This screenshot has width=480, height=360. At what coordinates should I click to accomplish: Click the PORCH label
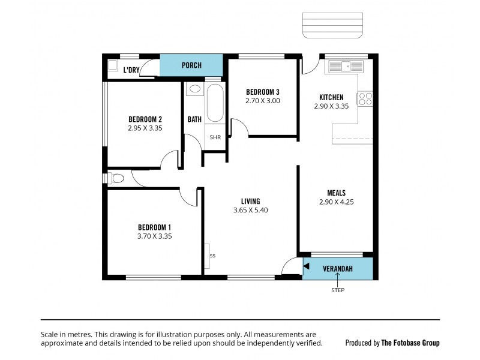coord(191,65)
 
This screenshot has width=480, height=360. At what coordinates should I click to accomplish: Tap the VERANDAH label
coord(337,268)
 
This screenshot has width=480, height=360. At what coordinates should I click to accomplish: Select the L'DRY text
coord(131,70)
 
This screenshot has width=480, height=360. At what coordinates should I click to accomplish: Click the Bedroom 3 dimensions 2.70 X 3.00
coord(262,101)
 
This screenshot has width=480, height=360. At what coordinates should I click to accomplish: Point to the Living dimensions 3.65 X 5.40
coord(250,211)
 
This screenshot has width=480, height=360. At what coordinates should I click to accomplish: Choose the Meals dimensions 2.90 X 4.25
coord(336,202)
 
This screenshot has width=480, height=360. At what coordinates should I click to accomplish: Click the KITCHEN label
coord(331,97)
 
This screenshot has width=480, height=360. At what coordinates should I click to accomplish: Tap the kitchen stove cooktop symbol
coord(365,99)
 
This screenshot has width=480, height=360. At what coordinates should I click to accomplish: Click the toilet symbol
coord(115,178)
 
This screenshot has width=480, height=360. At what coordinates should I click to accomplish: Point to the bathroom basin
coord(194,89)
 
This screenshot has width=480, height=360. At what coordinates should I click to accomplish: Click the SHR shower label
coord(215,137)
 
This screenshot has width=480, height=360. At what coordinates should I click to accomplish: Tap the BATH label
coord(194,119)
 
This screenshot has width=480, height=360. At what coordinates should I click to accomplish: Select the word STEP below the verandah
coord(338,290)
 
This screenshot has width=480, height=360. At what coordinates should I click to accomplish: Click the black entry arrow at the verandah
coord(306,266)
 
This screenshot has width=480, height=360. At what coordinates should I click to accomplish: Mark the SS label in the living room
coord(212,256)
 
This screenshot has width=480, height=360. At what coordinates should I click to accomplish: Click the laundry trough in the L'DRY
coord(112,67)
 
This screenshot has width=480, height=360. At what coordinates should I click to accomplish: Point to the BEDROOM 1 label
coord(154,227)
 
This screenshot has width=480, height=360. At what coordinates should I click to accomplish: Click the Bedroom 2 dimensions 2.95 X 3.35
coord(145,128)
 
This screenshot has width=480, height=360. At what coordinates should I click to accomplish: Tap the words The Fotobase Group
coord(410,343)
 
